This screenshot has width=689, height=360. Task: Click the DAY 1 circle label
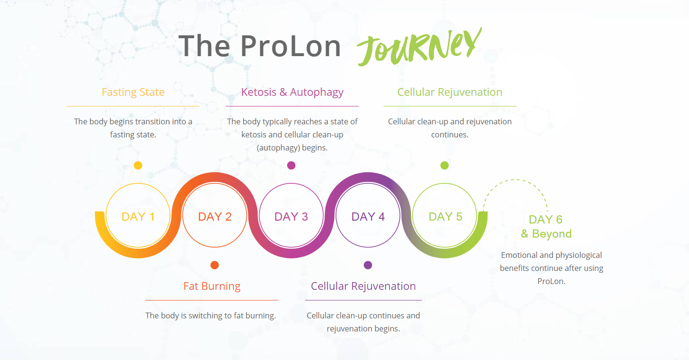tap(138, 217)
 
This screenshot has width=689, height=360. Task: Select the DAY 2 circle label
tap(214, 217)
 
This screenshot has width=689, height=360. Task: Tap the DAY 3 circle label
tap(291, 217)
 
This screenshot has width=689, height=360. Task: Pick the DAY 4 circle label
tap(368, 217)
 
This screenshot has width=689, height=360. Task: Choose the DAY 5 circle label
tap(445, 217)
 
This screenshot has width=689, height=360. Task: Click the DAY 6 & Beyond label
tap(546, 226)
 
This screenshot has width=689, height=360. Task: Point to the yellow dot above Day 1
tap(138, 165)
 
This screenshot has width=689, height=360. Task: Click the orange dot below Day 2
tap(214, 265)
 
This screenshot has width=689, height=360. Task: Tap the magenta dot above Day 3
tap(291, 165)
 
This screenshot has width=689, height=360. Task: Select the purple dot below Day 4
tap(368, 265)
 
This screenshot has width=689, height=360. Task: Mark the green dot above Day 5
tap(444, 165)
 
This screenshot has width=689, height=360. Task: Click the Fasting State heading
tap(133, 92)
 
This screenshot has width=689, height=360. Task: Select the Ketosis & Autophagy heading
tap(292, 92)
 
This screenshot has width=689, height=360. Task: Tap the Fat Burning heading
tap(212, 286)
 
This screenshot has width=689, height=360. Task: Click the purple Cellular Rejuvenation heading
tap(363, 286)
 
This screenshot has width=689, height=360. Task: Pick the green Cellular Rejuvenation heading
tap(450, 92)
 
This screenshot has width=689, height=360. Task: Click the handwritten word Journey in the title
tap(419, 47)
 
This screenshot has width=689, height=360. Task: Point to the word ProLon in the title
tap(291, 46)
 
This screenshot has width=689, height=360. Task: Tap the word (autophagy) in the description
tap(278, 148)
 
